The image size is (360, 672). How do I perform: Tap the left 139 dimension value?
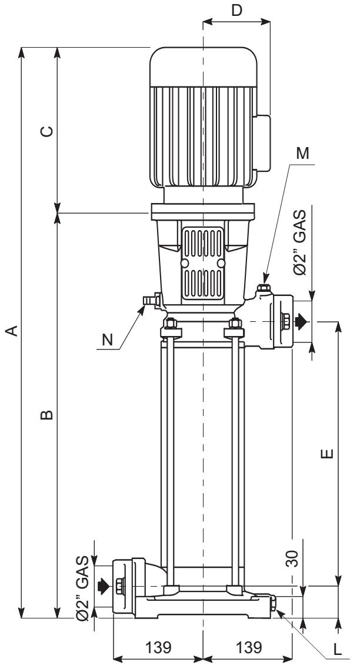[x=157, y=647]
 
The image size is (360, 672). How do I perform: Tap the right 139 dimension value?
[x=248, y=647]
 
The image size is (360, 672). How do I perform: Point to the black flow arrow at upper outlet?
[x=301, y=321]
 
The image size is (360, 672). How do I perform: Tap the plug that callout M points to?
[x=264, y=289]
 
